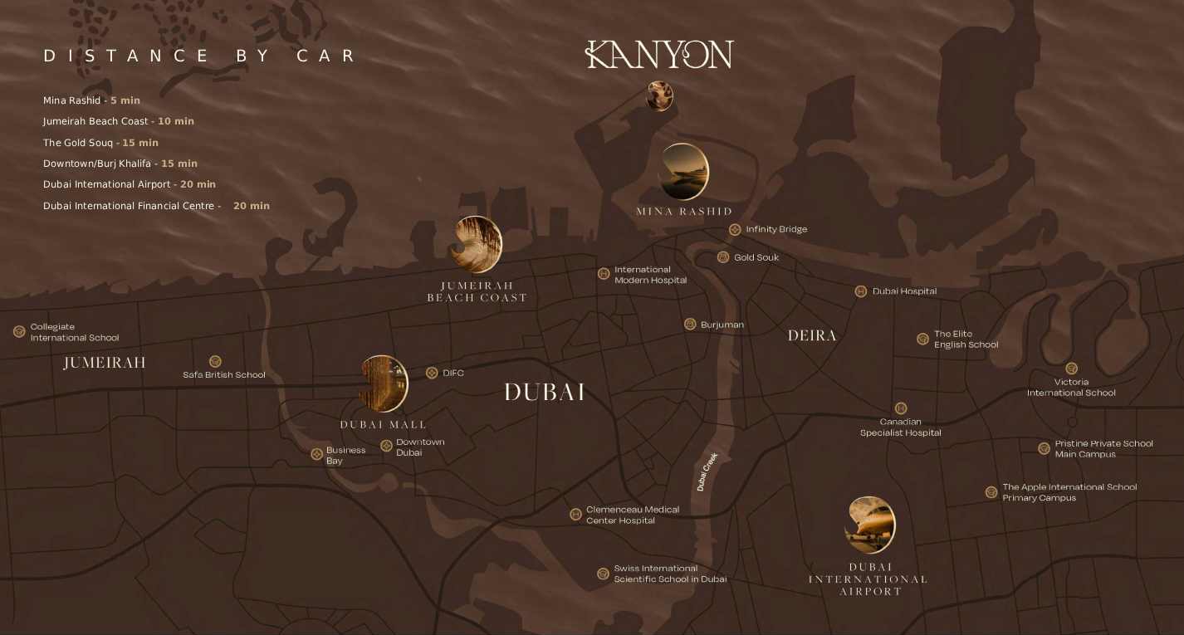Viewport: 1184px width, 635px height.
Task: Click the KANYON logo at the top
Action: point(659,55)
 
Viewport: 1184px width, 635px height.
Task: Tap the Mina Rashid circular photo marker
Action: point(683,172)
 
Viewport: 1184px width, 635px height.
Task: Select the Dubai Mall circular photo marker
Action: point(384,383)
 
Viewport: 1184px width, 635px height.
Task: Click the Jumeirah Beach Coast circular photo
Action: point(477,245)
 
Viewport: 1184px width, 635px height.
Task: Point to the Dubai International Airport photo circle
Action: point(869,525)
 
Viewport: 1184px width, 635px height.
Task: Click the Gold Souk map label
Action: point(756,257)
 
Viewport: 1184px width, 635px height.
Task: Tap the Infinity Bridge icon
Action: point(735,229)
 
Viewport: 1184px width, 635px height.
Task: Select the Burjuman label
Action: point(722,325)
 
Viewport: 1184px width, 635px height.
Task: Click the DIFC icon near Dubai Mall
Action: point(432,373)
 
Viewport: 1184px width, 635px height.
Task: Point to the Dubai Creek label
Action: point(707,471)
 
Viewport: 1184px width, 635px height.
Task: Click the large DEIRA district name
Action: point(812,335)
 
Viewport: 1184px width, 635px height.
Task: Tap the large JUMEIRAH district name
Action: point(105,363)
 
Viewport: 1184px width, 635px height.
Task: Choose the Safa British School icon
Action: point(215,361)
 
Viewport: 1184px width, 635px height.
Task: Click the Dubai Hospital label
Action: point(904,291)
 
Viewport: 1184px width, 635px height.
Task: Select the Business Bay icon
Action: point(316,454)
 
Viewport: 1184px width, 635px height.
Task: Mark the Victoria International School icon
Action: point(1072,369)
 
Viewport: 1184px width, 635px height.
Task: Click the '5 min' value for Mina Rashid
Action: point(125,100)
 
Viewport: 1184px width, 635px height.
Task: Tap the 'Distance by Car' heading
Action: point(199,56)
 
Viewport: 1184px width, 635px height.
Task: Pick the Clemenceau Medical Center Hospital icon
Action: point(575,515)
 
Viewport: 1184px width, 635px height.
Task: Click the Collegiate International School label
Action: point(75,332)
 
